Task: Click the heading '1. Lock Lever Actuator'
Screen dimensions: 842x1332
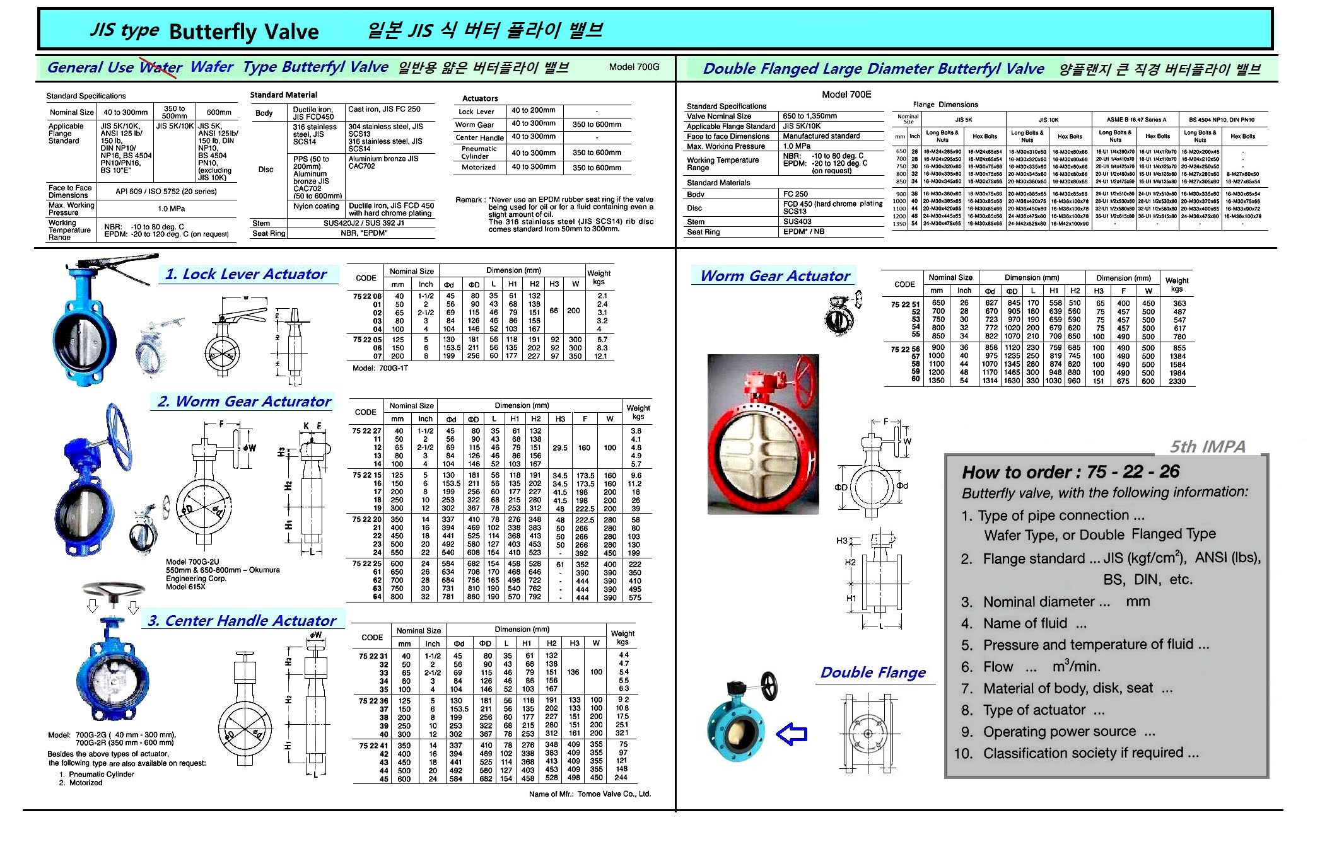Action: (246, 275)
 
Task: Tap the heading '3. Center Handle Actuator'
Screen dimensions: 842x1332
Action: (242, 621)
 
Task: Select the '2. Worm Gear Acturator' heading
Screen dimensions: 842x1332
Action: (244, 402)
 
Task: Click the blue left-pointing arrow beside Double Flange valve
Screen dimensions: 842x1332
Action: (792, 734)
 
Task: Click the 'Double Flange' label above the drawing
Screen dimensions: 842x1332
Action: (873, 672)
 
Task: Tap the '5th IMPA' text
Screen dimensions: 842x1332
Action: (1207, 447)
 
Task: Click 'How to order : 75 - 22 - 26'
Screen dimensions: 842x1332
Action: (1070, 472)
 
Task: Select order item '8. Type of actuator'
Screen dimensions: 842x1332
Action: (1033, 710)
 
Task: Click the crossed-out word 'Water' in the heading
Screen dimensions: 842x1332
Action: (161, 67)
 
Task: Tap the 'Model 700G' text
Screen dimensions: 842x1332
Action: (634, 67)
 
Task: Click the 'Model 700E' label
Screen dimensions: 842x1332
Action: (846, 95)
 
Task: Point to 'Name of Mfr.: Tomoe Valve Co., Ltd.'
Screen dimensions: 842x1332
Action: (590, 794)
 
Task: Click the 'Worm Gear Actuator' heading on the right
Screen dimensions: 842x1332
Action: (775, 276)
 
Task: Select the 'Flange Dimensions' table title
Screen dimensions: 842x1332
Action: (945, 105)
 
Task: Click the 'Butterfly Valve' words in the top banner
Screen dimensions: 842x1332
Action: (244, 32)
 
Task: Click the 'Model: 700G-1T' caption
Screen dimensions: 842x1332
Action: (380, 368)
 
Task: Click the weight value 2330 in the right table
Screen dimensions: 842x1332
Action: (1177, 381)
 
